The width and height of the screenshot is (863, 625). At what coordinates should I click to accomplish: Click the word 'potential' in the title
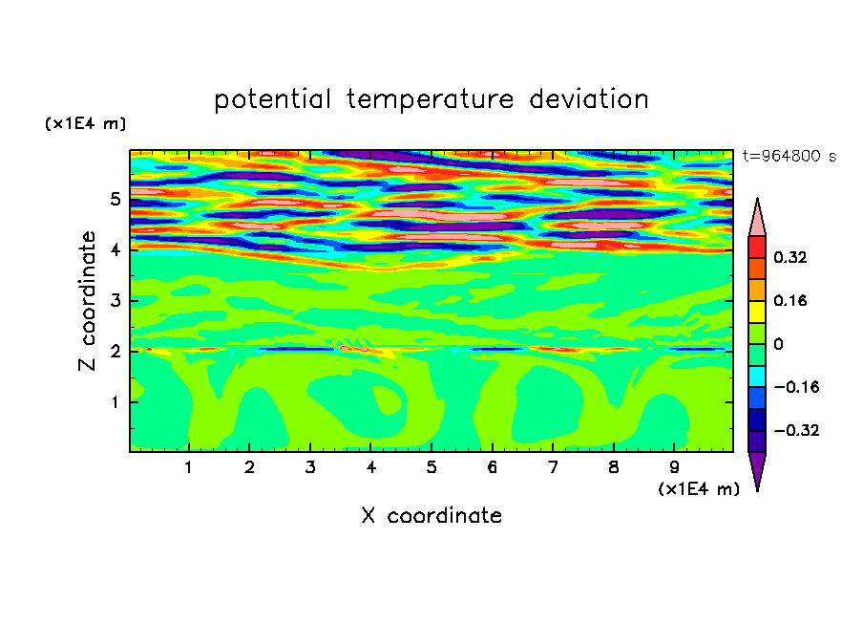(272, 100)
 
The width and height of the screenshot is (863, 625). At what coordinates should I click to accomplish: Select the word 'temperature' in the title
(430, 100)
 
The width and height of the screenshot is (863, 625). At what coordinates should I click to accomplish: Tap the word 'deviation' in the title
(589, 99)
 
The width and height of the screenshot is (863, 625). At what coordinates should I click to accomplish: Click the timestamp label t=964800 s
(789, 156)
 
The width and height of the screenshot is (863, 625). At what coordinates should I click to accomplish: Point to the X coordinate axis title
(431, 515)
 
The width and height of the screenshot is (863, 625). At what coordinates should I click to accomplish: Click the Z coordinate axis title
(87, 300)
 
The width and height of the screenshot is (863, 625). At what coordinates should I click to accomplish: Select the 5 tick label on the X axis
(431, 467)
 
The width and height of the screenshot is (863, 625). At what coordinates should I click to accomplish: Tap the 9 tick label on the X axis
(674, 467)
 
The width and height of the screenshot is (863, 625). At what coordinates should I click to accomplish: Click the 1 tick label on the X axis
(188, 467)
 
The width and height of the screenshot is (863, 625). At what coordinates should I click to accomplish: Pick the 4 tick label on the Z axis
(115, 249)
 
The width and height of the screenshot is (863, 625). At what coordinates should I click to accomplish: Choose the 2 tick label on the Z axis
(115, 351)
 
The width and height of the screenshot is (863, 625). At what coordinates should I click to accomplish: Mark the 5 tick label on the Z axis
(115, 199)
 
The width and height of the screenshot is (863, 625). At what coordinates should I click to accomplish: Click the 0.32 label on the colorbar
(790, 257)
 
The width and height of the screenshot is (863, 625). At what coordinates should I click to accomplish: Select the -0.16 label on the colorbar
(796, 387)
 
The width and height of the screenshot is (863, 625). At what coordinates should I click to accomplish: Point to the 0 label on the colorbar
(778, 344)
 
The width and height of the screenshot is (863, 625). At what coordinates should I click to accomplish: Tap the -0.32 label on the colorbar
(796, 430)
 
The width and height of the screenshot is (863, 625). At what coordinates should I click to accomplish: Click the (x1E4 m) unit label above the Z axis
(85, 123)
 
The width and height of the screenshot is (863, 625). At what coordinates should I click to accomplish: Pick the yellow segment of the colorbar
(757, 312)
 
